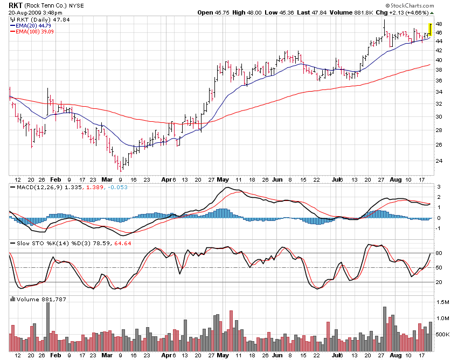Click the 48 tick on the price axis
(x=439, y=24)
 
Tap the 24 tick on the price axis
(x=439, y=161)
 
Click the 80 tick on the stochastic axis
(x=439, y=253)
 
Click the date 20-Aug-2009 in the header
(x=25, y=12)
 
